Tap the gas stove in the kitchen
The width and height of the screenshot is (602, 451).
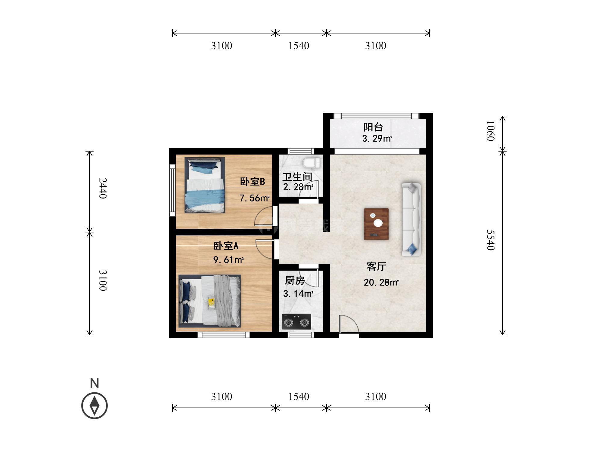click(296, 322)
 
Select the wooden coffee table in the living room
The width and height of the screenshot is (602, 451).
click(376, 224)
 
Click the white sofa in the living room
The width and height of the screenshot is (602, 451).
click(411, 219)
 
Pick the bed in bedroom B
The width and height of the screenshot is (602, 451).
click(205, 185)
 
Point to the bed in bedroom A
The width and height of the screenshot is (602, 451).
click(209, 301)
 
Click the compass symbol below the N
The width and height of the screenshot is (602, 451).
click(95, 406)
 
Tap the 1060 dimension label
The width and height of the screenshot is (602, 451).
click(491, 131)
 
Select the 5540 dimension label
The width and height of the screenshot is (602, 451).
click(491, 240)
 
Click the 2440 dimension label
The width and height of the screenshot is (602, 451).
click(103, 188)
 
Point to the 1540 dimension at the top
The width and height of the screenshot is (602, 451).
click(299, 46)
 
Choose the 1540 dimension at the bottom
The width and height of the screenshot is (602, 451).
click(299, 397)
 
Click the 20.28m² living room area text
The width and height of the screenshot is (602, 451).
click(381, 282)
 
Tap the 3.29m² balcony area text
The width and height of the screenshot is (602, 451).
click(377, 139)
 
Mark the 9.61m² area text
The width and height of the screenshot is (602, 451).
click(228, 260)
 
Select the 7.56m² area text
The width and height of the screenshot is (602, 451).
click(254, 198)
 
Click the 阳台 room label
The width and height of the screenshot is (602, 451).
click(373, 127)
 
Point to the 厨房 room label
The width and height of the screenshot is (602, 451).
click(295, 281)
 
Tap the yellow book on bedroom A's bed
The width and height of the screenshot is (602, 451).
click(211, 302)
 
